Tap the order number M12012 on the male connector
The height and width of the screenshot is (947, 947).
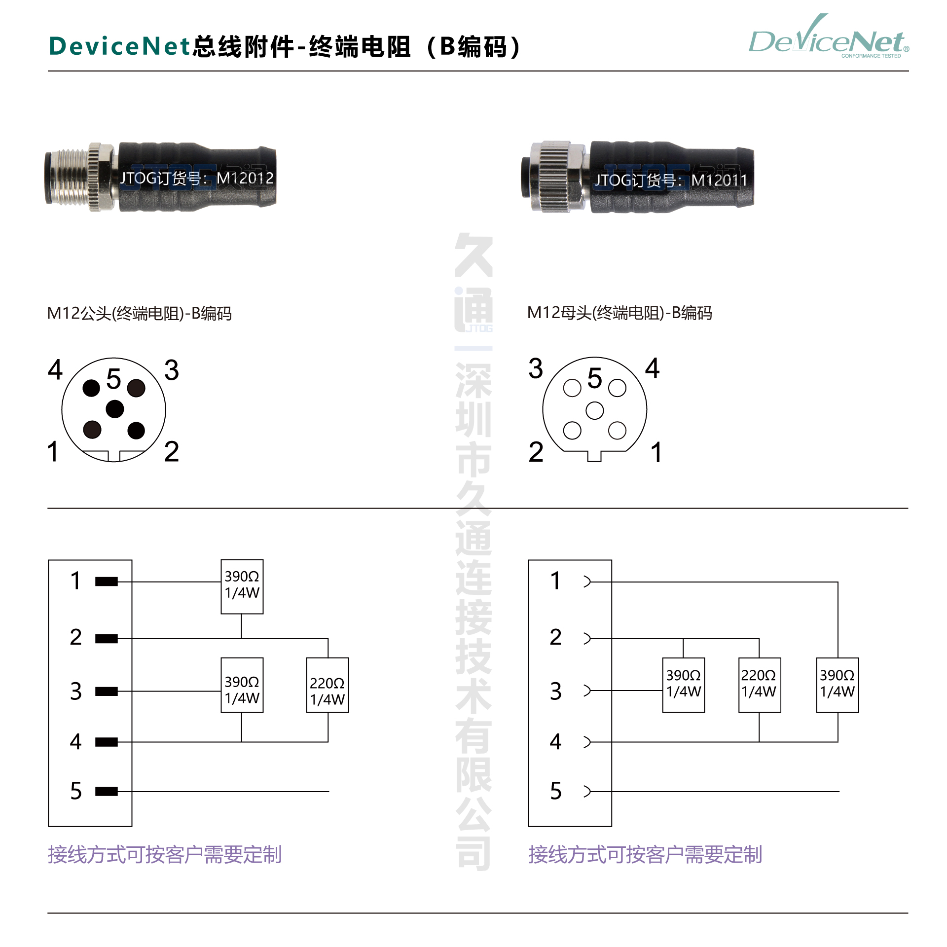[x=245, y=178]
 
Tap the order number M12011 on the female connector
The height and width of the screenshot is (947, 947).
[x=719, y=181]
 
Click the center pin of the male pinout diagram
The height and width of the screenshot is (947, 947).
[x=114, y=409]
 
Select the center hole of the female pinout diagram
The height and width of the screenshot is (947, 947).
[x=594, y=410]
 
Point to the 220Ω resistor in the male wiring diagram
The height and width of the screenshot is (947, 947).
[x=328, y=685]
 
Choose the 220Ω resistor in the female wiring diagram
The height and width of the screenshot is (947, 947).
[x=759, y=685]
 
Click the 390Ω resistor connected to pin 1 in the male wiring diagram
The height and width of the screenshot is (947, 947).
[x=242, y=586]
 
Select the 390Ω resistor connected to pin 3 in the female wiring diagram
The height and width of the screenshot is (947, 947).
[x=683, y=685]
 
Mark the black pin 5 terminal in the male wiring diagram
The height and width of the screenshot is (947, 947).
[x=106, y=792]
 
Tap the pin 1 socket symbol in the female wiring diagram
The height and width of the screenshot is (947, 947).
[x=587, y=582]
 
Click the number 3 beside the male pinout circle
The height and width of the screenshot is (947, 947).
[x=171, y=370]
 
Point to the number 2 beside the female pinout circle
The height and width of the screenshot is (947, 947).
[x=536, y=452]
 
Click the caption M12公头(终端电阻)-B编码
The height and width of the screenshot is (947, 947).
[x=139, y=313]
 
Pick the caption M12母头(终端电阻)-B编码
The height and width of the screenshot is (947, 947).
[x=619, y=313]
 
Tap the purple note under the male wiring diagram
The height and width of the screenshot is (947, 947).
[x=164, y=855]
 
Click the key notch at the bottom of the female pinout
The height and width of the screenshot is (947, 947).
[x=594, y=457]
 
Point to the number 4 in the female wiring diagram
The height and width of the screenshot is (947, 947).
[x=555, y=742]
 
